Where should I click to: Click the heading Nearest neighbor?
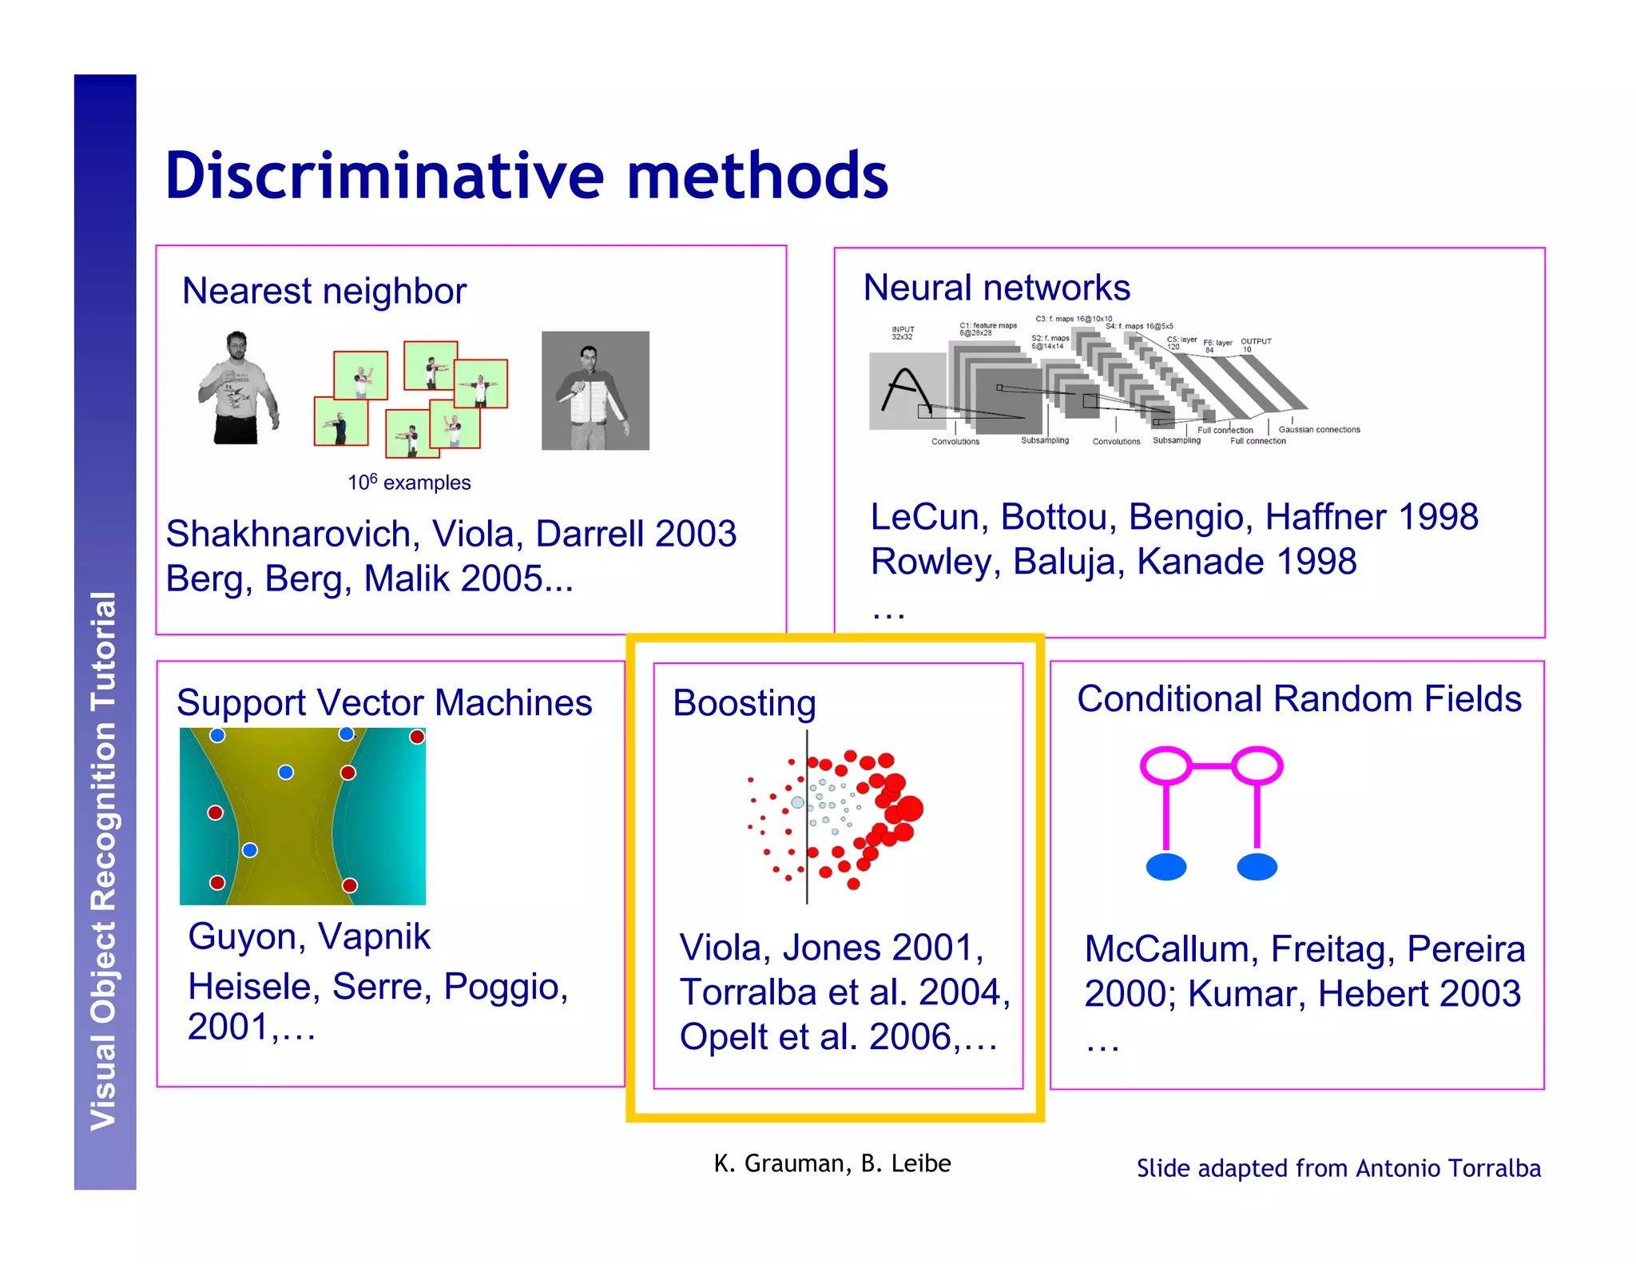(x=324, y=291)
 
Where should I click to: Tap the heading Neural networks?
(x=996, y=288)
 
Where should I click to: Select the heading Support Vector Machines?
(x=384, y=703)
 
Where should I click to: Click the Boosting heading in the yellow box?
(x=744, y=703)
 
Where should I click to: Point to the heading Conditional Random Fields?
(x=1299, y=698)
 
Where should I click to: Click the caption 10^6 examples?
(x=409, y=483)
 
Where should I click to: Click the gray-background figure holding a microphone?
(x=595, y=391)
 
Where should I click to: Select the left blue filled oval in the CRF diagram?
(x=1165, y=867)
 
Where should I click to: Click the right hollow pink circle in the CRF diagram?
(x=1257, y=765)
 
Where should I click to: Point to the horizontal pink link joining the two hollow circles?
(x=1212, y=765)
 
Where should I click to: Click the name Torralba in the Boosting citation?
(x=748, y=992)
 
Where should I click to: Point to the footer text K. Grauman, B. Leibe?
(x=832, y=1163)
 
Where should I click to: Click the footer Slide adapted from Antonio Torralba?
(x=1338, y=1168)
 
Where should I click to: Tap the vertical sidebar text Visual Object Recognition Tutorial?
(x=104, y=861)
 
